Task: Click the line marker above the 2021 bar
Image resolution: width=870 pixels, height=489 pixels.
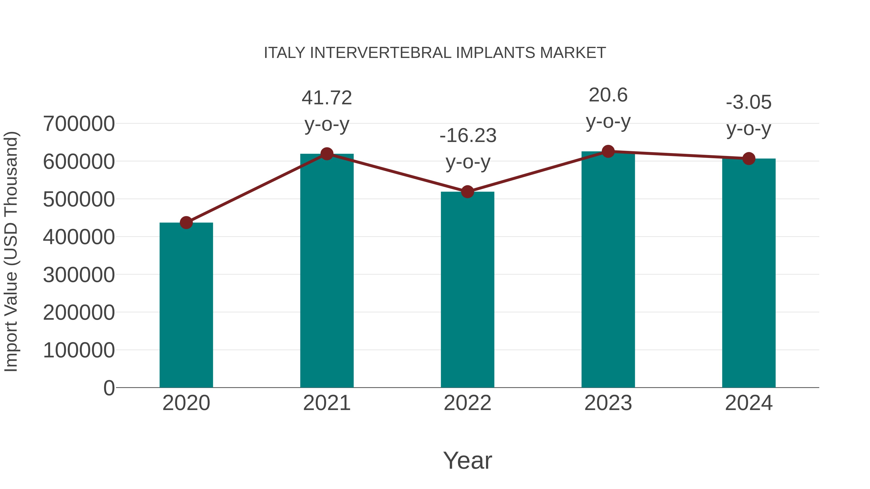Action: tap(326, 154)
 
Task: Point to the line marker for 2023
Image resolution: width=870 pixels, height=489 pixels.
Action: tap(608, 151)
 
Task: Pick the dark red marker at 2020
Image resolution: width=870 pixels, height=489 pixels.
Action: tap(186, 222)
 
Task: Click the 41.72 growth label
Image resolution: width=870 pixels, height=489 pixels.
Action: tap(326, 98)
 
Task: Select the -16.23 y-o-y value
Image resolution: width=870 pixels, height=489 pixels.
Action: tap(468, 136)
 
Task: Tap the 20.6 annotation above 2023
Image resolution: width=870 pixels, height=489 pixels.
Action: tap(608, 95)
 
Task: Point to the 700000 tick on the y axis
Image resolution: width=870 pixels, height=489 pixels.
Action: tap(79, 124)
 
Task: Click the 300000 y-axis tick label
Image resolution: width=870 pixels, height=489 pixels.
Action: tap(79, 275)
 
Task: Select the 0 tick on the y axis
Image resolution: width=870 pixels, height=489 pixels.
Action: tap(109, 388)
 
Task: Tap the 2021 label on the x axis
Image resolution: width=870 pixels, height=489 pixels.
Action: tap(326, 403)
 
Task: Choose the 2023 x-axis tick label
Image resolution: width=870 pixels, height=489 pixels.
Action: tap(608, 403)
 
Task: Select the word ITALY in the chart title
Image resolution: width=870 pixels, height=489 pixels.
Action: tap(284, 53)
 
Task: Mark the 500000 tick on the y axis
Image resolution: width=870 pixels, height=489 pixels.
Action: tap(79, 199)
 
